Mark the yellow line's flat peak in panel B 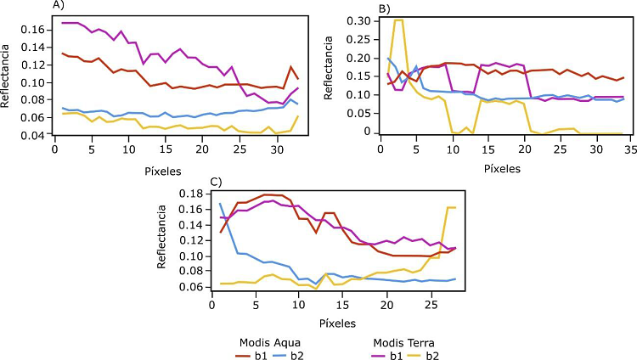pyautogui.click(x=398, y=20)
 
